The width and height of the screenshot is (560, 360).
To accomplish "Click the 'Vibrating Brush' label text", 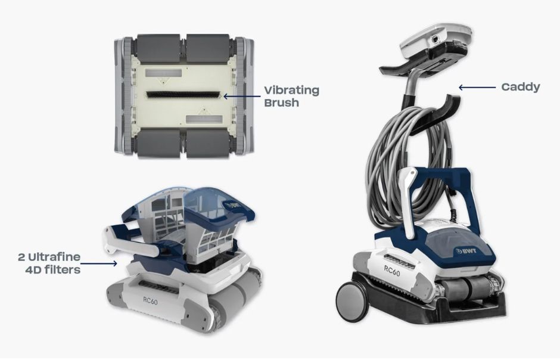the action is point(291,96).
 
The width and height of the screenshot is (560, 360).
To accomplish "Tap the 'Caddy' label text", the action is point(520,87).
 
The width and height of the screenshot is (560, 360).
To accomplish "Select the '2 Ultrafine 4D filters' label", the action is point(49,263).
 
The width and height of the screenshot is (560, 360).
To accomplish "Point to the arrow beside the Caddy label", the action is point(477,87).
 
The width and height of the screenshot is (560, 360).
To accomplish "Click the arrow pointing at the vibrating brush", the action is point(242,96).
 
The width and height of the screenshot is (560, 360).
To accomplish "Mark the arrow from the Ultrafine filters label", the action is point(99,263).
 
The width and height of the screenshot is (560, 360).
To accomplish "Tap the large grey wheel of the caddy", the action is point(353,298).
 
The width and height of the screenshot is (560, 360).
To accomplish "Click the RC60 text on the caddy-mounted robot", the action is point(392,271).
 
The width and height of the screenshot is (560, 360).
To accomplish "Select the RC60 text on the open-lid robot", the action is point(150,301).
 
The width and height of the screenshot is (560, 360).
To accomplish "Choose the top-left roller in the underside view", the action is point(158,48).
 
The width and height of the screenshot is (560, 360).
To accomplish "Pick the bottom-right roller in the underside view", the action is point(208,143).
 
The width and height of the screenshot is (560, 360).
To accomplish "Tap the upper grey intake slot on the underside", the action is point(163,73).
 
